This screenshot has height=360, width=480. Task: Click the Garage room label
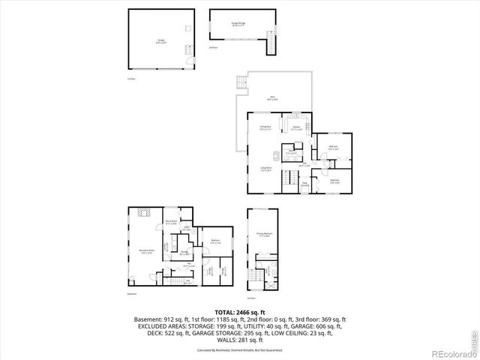point(160,42)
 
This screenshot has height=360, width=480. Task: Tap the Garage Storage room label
point(239,24)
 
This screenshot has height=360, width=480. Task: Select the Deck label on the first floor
point(272,98)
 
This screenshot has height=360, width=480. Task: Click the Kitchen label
point(297,128)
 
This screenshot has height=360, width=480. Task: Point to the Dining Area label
point(265,128)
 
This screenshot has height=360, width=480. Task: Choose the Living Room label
point(265,169)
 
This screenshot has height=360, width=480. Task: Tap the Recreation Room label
point(145,251)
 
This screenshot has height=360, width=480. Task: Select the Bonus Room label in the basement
point(171,222)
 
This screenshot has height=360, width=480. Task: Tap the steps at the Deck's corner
point(241,85)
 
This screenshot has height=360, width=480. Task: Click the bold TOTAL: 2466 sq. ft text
point(239,310)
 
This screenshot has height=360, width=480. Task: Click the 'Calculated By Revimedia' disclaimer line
point(239,350)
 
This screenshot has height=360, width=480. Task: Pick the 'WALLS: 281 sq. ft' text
point(239,337)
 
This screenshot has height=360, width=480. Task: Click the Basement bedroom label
point(215,241)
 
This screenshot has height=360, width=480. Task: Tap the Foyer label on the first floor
point(304,184)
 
